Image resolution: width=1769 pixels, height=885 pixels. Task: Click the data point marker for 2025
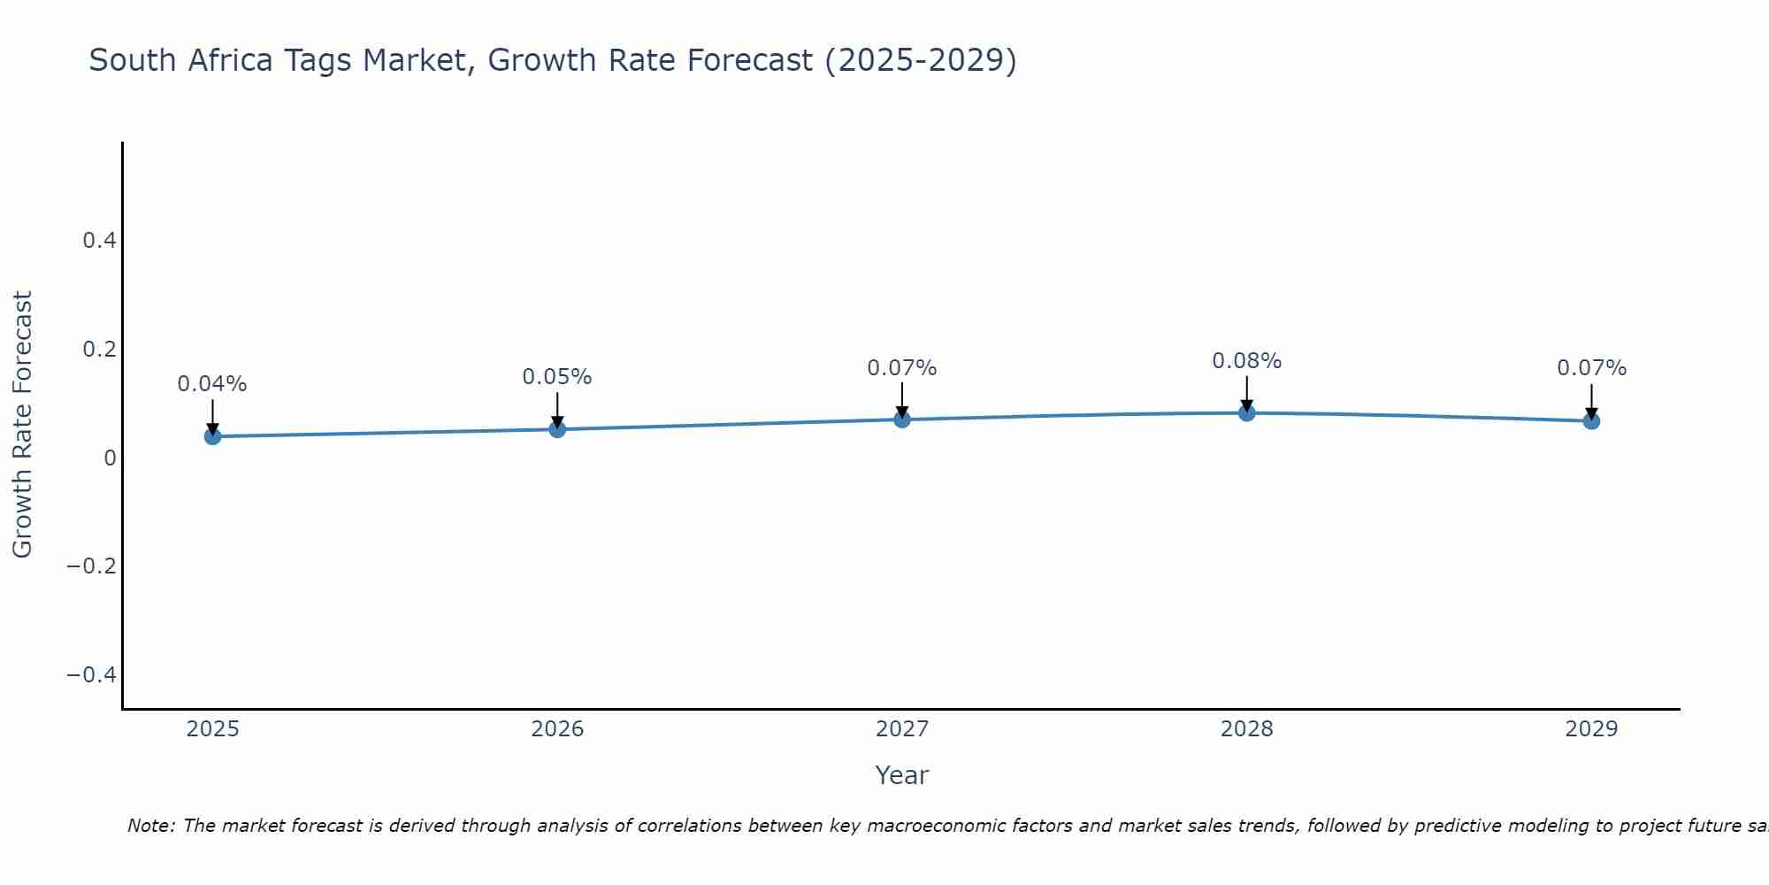tap(212, 435)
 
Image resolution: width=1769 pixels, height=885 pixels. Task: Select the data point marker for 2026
tap(557, 428)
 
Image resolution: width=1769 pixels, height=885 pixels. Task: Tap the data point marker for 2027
tap(902, 419)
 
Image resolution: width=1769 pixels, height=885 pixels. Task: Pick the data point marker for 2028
tap(1246, 412)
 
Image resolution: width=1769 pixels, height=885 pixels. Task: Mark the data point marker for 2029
tap(1591, 420)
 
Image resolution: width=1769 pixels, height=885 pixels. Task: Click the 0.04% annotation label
tap(212, 384)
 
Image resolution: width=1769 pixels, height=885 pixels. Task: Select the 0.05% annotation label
tap(557, 377)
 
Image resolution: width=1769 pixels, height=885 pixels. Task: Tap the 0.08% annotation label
tap(1246, 361)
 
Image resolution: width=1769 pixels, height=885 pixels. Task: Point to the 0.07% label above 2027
tap(902, 368)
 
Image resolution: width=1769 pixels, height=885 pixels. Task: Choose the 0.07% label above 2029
tap(1591, 368)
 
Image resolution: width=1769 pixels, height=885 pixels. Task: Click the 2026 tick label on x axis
tap(557, 729)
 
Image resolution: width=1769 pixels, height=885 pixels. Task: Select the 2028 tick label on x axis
tap(1246, 729)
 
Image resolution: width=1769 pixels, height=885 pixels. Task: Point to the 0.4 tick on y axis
tap(99, 241)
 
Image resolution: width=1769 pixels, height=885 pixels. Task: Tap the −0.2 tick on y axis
tap(92, 566)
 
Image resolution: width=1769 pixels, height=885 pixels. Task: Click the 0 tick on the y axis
tap(110, 458)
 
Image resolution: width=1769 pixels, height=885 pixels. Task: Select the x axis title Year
tap(901, 775)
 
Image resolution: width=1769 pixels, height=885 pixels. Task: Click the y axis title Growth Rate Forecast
tap(22, 425)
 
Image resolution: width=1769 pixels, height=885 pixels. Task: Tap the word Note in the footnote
tap(150, 826)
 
